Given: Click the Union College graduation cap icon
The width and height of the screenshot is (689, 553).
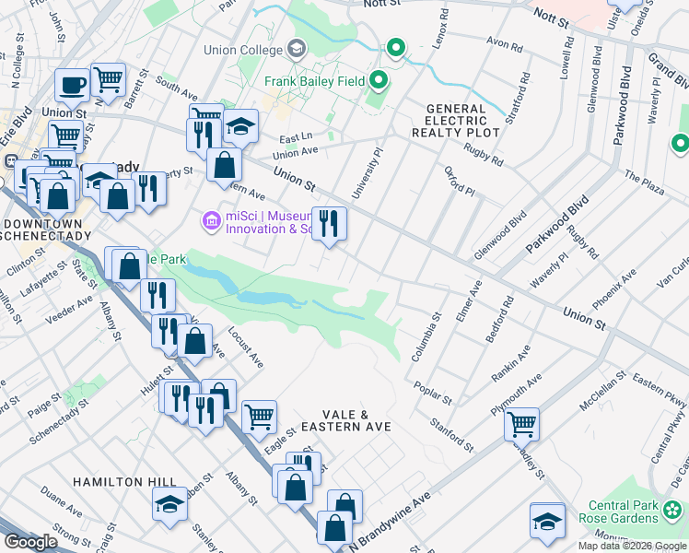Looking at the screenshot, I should tap(297, 47).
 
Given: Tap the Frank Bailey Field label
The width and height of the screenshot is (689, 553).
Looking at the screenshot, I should tap(312, 81).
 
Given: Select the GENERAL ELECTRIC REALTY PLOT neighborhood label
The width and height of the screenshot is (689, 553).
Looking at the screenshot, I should tap(461, 121).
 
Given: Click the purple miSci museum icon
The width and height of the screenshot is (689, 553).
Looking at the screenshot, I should tap(210, 218).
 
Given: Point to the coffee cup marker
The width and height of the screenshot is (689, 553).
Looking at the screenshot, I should tap(72, 85).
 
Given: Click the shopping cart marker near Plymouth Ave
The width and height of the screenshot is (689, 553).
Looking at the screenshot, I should tap(521, 422).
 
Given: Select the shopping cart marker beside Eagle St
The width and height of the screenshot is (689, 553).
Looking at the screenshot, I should tap(259, 416).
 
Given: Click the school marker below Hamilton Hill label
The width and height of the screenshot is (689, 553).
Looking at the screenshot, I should tap(169, 504).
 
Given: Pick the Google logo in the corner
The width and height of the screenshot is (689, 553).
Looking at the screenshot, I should tap(29, 542).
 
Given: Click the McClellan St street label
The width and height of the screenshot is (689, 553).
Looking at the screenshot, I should tap(603, 390).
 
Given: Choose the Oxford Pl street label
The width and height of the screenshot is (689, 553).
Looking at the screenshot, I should tap(458, 181).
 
